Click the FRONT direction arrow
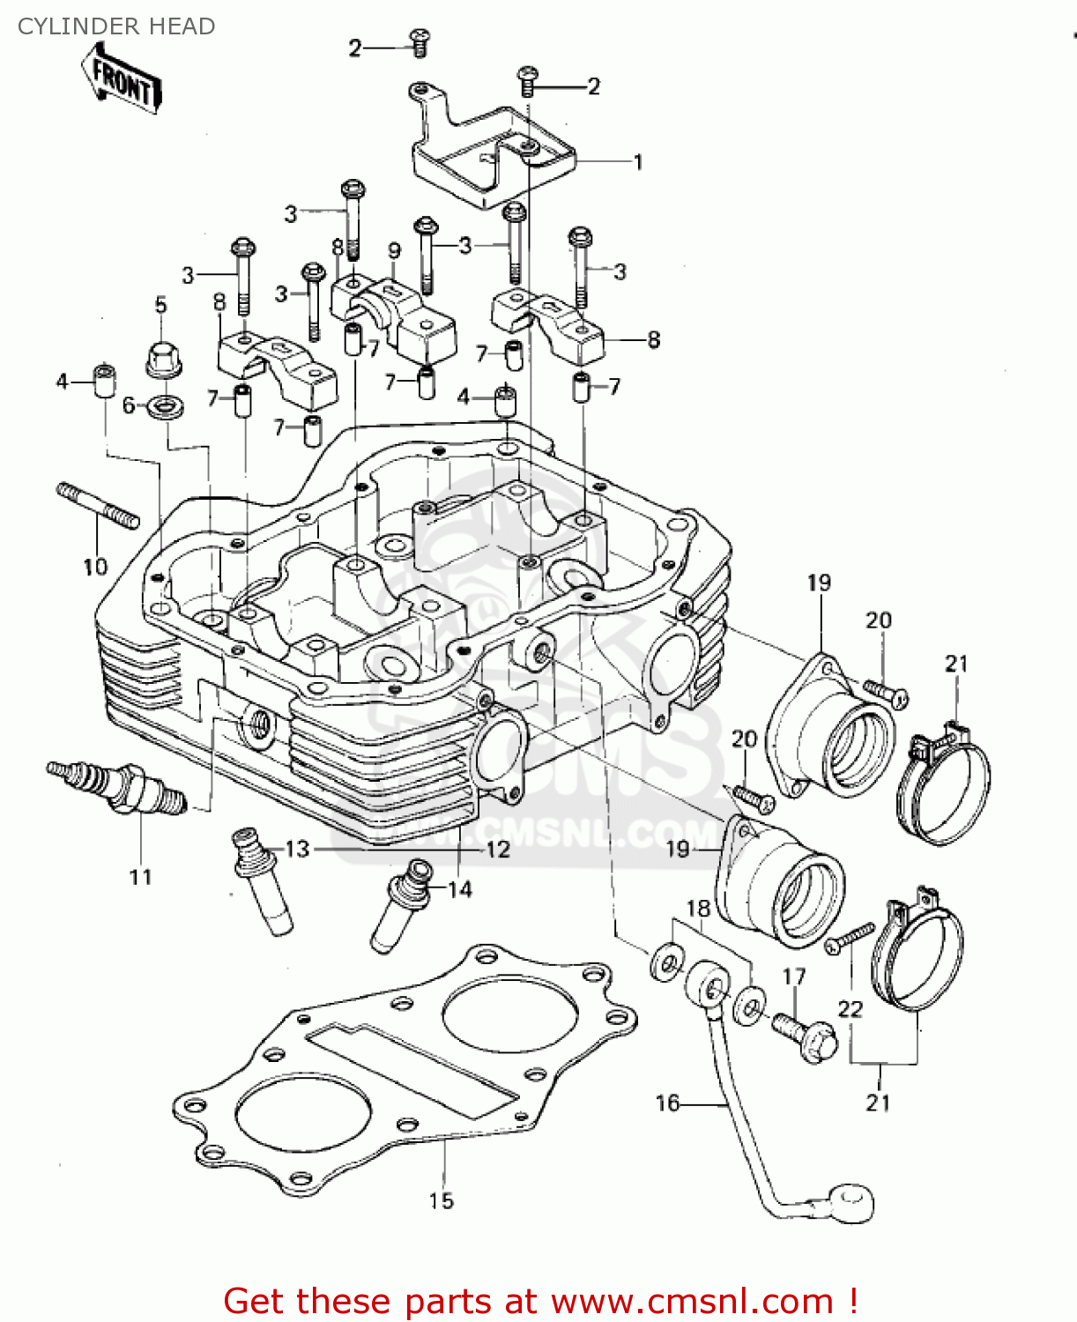(122, 79)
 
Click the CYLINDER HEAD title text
(116, 26)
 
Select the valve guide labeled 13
(262, 881)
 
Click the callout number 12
(498, 850)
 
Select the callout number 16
(667, 1103)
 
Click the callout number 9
(394, 250)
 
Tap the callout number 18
(698, 908)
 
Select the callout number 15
(442, 1200)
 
